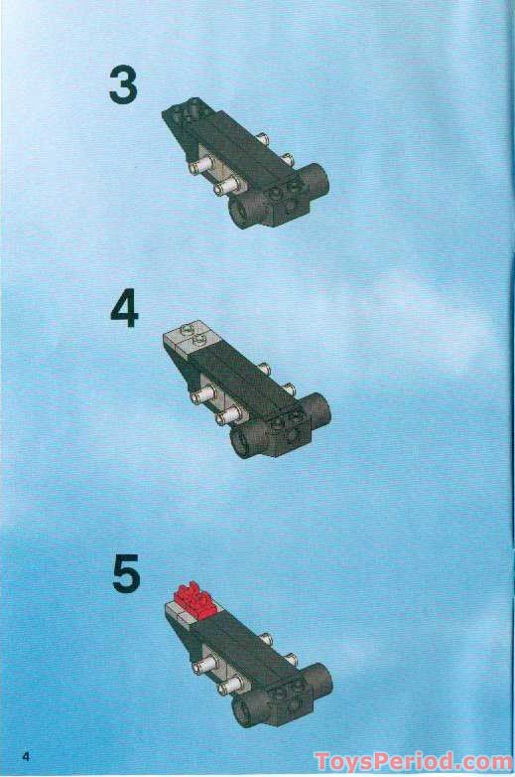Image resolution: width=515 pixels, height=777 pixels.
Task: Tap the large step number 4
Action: (124, 309)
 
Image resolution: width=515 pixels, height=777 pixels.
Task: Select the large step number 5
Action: (125, 574)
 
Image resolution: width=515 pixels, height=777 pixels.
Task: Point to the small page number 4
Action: (13, 758)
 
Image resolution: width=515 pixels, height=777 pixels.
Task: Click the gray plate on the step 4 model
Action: (188, 339)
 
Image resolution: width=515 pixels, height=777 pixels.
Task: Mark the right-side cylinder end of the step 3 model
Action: (317, 180)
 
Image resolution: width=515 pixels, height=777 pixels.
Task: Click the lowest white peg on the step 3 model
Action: (226, 186)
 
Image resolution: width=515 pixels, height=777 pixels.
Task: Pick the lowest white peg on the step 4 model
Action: (227, 415)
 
